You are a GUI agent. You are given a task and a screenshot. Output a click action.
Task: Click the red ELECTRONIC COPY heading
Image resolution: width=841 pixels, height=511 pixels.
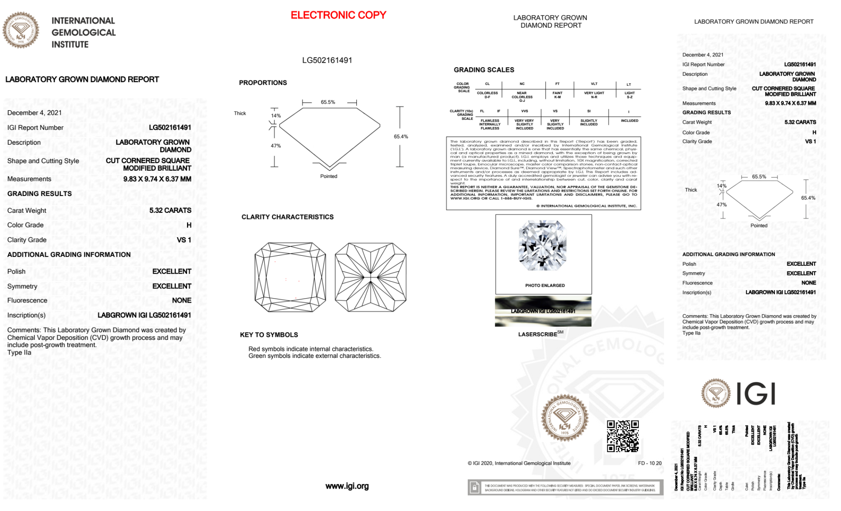coord(338,15)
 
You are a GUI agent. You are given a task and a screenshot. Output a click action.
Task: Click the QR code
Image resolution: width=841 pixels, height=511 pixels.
coord(622,436)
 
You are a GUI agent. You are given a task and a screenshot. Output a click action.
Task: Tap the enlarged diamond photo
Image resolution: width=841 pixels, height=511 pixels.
coord(543,246)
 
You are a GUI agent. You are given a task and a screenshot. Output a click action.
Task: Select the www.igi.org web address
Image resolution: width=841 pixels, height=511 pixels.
coord(347,486)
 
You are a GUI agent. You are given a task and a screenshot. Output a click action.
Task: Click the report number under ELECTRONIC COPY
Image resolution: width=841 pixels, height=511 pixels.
coord(327,60)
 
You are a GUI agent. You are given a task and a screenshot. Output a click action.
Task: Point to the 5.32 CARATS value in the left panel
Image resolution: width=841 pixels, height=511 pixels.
coord(170,210)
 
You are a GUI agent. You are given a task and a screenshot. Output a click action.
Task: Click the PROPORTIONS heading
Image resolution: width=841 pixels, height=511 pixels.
coord(263,83)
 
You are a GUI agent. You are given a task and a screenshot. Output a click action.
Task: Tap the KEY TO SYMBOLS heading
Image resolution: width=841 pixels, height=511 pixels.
coord(269,335)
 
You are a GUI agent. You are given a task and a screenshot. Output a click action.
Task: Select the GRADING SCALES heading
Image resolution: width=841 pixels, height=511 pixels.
coord(484,70)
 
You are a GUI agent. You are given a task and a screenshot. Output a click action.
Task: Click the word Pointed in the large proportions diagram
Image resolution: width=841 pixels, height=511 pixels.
coord(329,176)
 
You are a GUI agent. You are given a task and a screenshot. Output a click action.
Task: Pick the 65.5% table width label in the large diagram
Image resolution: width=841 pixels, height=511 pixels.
coord(328,102)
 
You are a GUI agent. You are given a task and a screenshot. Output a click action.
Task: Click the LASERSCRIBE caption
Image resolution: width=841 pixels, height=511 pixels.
coord(538,334)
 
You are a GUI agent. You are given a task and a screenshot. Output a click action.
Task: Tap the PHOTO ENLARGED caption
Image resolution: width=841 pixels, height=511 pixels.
coord(545,286)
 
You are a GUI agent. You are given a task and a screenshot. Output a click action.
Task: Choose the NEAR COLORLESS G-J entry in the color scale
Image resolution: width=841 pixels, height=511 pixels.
coord(522,96)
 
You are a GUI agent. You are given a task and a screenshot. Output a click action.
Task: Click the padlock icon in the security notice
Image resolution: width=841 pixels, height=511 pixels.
coord(475,487)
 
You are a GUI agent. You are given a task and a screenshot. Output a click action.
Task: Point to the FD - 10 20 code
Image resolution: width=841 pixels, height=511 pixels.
coord(649,463)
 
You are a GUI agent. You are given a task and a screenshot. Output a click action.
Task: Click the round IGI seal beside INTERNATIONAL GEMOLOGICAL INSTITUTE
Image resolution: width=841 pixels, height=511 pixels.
coord(21,30)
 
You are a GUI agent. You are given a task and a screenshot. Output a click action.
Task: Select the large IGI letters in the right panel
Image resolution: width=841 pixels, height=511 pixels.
coord(756,394)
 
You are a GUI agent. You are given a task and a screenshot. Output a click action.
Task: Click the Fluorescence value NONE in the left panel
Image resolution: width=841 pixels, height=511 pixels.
coord(182,300)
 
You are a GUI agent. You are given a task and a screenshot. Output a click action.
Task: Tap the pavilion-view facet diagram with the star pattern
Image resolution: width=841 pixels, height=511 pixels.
coord(370,277)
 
